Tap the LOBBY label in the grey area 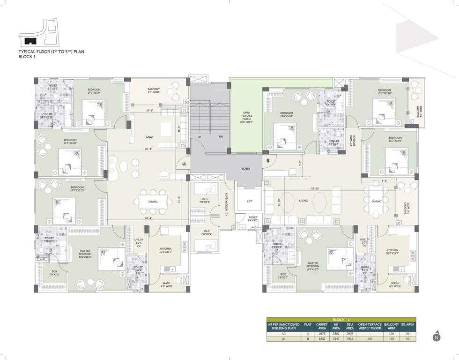[246, 168]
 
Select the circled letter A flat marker [184, 164]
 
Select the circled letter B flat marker [268, 161]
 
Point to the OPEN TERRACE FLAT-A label [246, 116]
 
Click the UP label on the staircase [199, 136]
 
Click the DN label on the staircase [221, 136]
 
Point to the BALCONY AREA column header [392, 326]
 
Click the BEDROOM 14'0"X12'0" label [93, 91]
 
